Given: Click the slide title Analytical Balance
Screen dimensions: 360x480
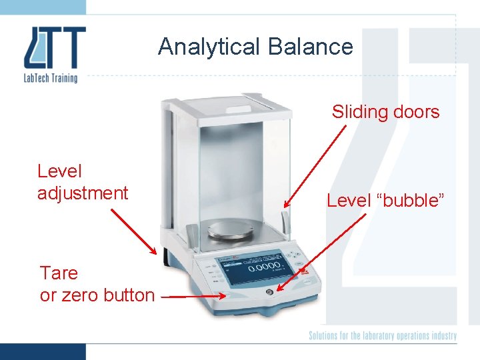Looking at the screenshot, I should (255, 47).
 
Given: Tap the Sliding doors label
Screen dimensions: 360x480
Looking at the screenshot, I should (385, 111).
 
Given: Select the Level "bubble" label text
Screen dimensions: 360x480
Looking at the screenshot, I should (385, 200).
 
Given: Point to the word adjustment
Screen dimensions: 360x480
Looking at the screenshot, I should (83, 193).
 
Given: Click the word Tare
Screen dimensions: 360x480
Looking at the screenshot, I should (59, 273).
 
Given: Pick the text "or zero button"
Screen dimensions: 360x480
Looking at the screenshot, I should (97, 295).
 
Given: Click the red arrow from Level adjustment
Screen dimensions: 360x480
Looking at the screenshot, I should (134, 231).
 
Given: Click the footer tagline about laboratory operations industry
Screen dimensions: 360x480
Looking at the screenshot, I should (382, 335).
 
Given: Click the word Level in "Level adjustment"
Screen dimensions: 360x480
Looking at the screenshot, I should (60, 171).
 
